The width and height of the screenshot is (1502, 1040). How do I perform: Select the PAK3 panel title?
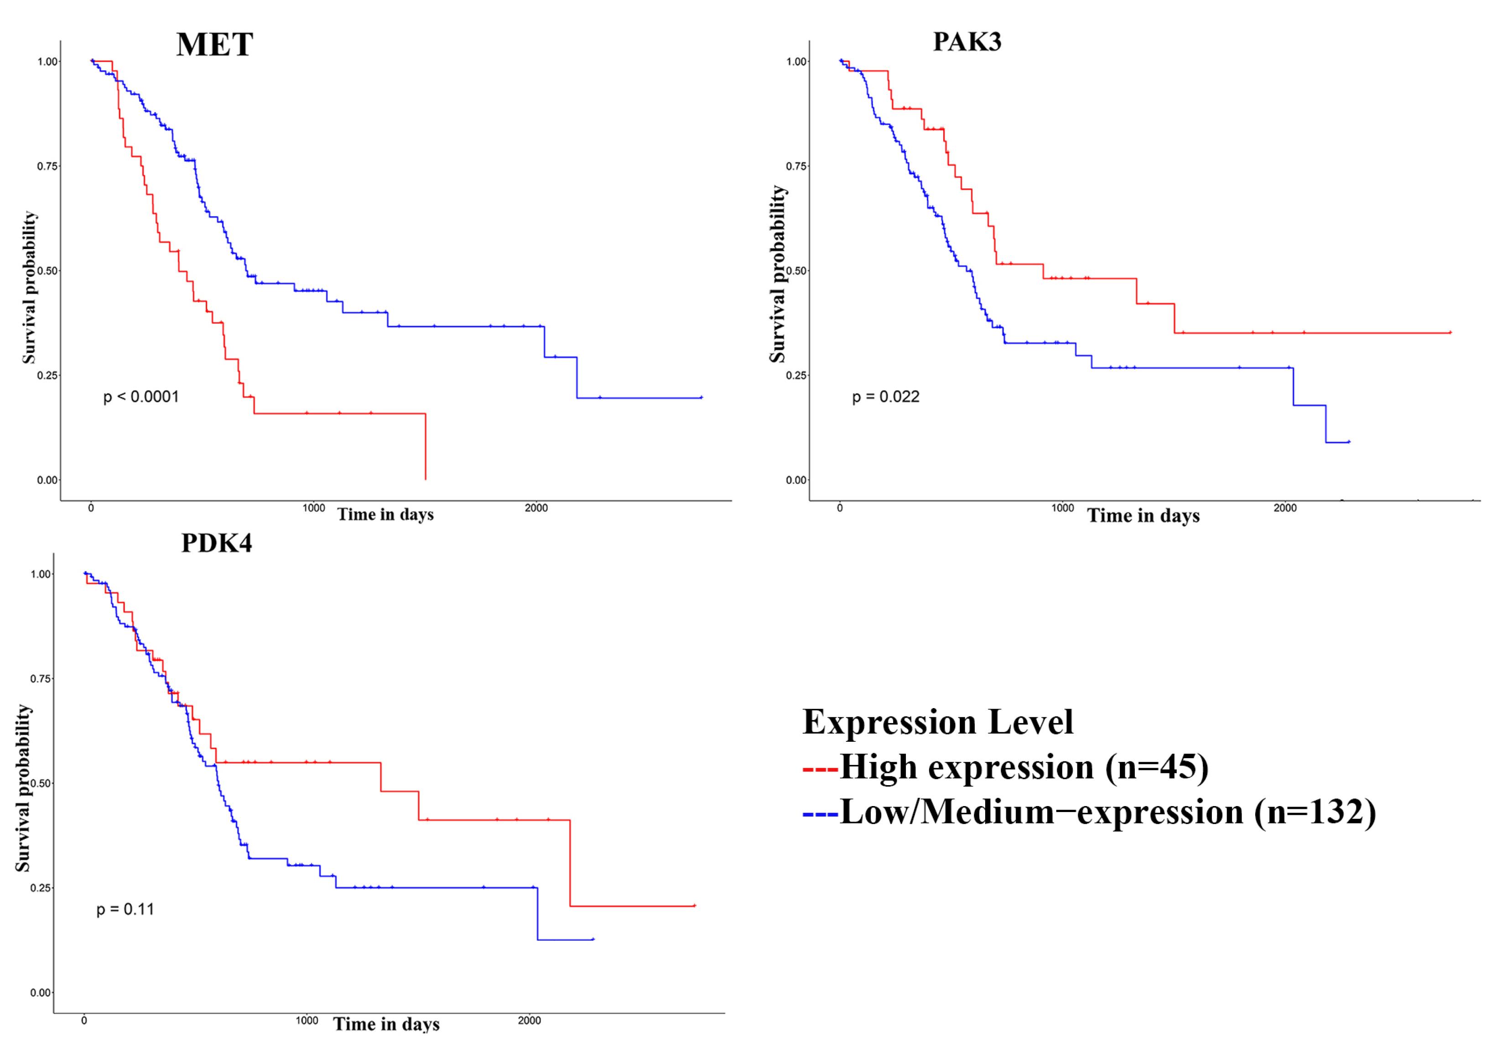pyautogui.click(x=967, y=41)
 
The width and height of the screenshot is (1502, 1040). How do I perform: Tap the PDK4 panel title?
pyautogui.click(x=217, y=543)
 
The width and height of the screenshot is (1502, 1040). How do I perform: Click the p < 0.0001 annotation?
pyautogui.click(x=141, y=397)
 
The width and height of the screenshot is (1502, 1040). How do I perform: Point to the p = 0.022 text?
pyautogui.click(x=885, y=397)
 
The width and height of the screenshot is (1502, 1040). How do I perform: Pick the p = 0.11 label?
pyautogui.click(x=125, y=909)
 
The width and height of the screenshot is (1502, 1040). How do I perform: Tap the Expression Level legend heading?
pyautogui.click(x=937, y=722)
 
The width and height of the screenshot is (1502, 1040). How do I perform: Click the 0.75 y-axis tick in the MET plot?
pyautogui.click(x=47, y=166)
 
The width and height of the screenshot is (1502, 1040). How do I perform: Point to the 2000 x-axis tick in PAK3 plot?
pyautogui.click(x=1284, y=508)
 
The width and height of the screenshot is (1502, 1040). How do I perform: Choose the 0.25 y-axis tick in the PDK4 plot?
pyautogui.click(x=41, y=888)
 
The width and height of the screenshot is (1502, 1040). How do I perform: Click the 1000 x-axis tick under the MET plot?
pyautogui.click(x=313, y=508)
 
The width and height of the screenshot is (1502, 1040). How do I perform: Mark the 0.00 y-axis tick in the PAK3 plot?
pyautogui.click(x=797, y=480)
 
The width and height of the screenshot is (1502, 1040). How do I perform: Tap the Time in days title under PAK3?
pyautogui.click(x=1143, y=516)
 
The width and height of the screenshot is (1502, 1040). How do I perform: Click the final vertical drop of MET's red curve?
pyautogui.click(x=426, y=446)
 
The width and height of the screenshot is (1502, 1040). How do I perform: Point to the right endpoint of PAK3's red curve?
pyautogui.click(x=1450, y=332)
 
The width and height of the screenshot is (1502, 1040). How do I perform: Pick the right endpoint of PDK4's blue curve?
pyautogui.click(x=592, y=939)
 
